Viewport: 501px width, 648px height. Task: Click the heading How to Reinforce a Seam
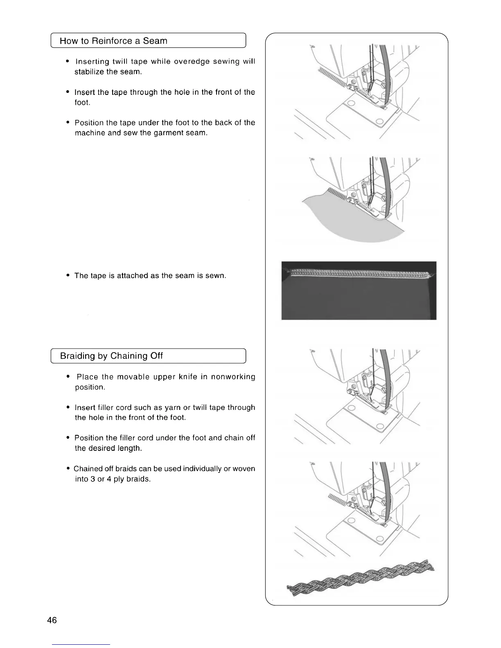[x=113, y=41]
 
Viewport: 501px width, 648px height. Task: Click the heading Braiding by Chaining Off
[x=111, y=356]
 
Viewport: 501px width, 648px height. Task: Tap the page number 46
[x=52, y=620]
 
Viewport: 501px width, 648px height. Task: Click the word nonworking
[x=233, y=377]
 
